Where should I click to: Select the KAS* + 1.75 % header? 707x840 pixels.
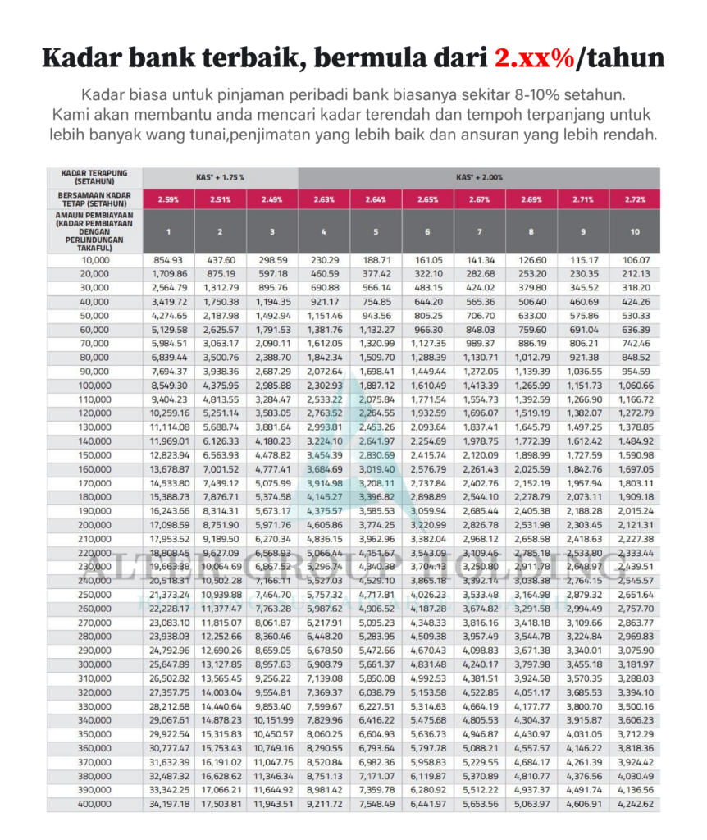221,177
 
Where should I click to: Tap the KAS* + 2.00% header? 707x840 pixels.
480,177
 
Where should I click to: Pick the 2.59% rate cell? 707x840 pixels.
169,199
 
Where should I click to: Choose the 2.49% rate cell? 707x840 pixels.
272,199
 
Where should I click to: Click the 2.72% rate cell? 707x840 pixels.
635,199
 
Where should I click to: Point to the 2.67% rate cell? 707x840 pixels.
480,199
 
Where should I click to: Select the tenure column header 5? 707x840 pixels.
376,232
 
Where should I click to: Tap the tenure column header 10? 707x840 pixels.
635,232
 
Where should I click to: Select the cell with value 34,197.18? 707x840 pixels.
169,804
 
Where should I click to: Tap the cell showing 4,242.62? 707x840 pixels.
635,804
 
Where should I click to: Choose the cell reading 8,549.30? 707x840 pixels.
169,386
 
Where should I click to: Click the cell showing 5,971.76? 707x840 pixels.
272,525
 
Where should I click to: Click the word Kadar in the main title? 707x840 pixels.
77,58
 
